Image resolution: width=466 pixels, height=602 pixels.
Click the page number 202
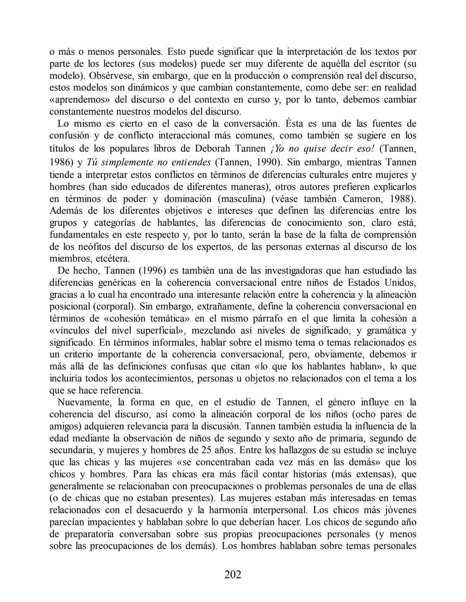pyautogui.click(x=233, y=574)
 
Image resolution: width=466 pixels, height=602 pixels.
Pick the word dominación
pyautogui.click(x=187, y=199)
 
